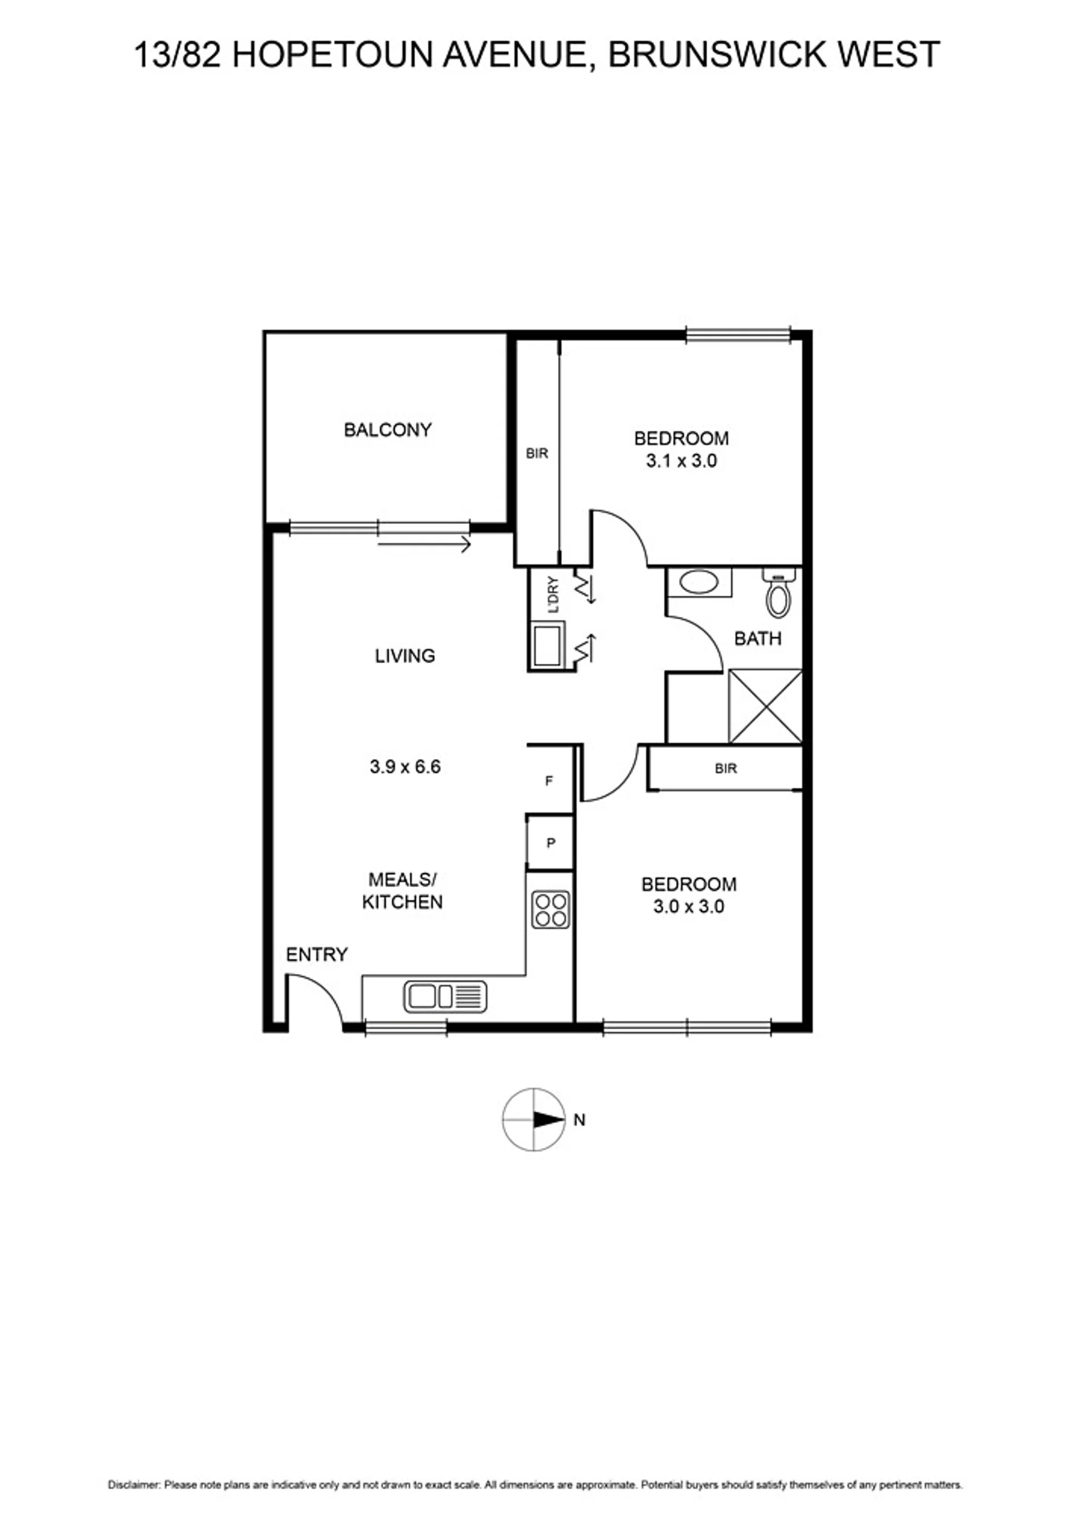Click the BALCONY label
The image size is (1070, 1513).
[387, 430]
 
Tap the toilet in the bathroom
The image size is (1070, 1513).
[778, 592]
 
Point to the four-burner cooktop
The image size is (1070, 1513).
[551, 910]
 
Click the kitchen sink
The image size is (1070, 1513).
[445, 996]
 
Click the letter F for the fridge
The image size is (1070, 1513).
[549, 781]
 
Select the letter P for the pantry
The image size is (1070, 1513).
[551, 843]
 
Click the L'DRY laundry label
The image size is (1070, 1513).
[553, 595]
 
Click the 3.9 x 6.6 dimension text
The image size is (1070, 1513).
[405, 767]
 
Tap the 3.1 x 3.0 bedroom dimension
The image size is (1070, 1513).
[681, 461]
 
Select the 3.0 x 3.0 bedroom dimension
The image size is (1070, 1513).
[688, 906]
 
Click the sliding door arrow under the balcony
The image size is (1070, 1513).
[424, 545]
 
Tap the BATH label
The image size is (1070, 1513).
[758, 639]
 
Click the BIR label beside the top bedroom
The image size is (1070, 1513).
[537, 454]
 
